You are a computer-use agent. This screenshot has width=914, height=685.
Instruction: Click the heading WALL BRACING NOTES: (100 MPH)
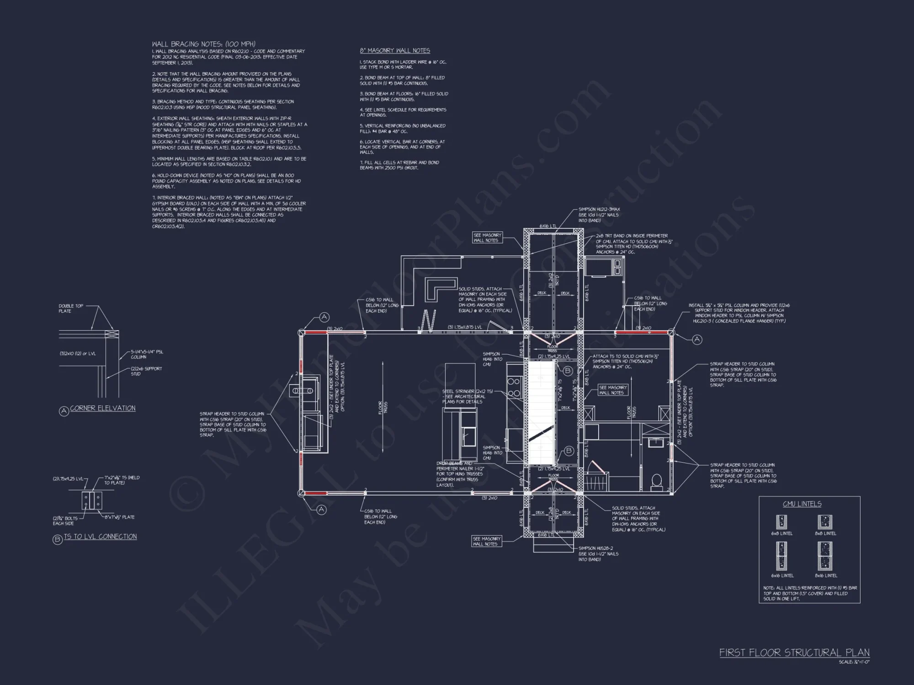click(x=203, y=44)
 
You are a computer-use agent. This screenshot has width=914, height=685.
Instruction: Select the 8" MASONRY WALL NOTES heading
click(x=395, y=51)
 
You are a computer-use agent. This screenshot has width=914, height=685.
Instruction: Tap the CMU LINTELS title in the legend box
click(x=802, y=504)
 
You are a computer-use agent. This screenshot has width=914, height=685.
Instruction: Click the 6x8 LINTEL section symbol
click(x=781, y=522)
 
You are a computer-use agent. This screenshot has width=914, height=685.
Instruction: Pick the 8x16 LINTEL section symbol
click(x=825, y=556)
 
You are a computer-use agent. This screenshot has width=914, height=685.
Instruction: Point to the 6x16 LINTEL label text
click(x=782, y=575)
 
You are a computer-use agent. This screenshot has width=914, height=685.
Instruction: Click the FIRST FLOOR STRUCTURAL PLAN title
click(x=794, y=653)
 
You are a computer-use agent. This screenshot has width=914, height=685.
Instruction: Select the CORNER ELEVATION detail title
click(x=103, y=408)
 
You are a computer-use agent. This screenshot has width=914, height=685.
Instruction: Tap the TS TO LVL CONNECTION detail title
click(x=100, y=537)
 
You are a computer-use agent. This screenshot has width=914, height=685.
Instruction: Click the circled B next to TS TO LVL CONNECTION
click(x=58, y=540)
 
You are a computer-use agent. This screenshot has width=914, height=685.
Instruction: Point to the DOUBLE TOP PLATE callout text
click(x=71, y=309)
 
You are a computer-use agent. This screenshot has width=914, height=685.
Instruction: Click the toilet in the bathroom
click(x=656, y=481)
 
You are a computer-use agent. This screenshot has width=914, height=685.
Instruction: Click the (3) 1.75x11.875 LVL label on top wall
click(x=465, y=327)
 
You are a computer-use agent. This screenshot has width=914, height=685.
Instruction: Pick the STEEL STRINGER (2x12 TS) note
click(x=463, y=396)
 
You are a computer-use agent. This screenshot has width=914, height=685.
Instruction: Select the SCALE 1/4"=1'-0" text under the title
click(x=854, y=662)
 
